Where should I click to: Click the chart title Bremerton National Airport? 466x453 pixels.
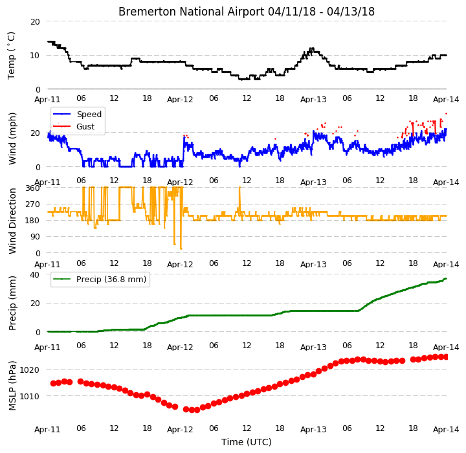click(x=191, y=12)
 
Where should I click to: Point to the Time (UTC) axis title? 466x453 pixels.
click(x=247, y=442)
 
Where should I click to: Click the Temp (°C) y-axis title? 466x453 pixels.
click(x=11, y=56)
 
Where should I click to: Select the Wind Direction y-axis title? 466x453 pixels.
click(x=12, y=221)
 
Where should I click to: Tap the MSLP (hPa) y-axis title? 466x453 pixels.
click(x=12, y=386)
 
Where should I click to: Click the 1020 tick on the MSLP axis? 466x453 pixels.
click(x=29, y=370)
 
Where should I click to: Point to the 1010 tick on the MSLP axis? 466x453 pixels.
click(x=29, y=396)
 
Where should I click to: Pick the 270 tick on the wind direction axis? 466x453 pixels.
click(x=33, y=204)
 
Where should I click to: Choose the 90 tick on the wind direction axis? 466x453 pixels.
click(x=36, y=237)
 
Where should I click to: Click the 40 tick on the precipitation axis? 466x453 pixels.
click(x=35, y=274)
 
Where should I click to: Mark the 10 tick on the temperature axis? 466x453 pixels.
click(x=35, y=56)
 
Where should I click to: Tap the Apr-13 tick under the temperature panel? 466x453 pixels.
click(x=313, y=99)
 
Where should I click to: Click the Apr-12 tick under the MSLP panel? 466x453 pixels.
click(x=180, y=430)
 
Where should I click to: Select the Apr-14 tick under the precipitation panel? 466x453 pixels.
click(x=446, y=347)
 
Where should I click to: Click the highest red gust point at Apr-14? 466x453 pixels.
click(x=446, y=113)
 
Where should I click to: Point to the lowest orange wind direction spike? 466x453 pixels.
click(x=181, y=249)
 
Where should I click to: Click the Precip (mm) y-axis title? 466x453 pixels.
click(x=12, y=304)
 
